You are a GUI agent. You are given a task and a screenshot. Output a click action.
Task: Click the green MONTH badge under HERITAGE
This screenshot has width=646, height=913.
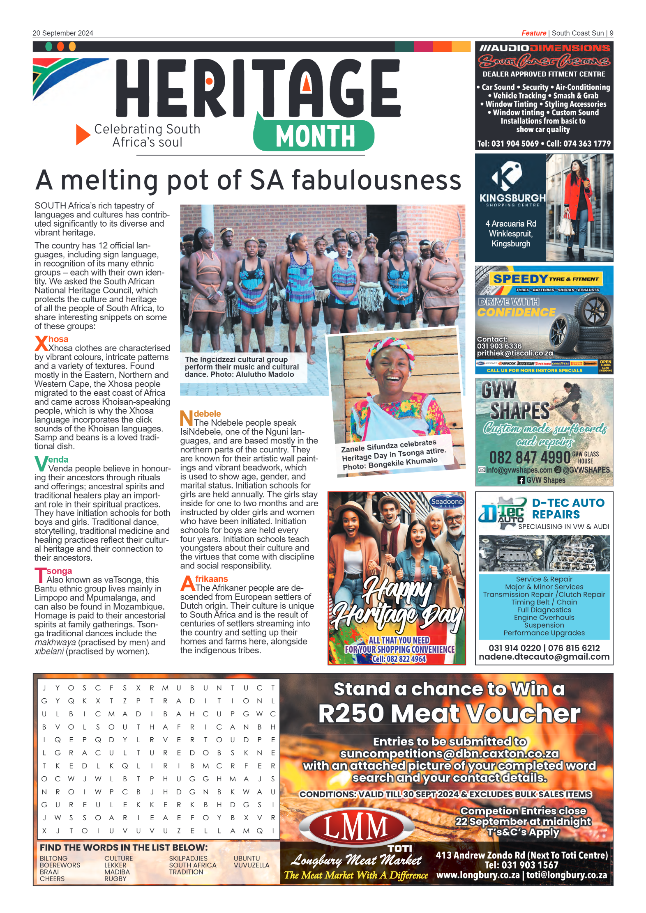314,136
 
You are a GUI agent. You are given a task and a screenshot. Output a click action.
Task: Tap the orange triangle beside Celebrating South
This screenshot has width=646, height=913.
82,135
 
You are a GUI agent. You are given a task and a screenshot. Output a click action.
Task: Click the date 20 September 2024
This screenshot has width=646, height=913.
63,33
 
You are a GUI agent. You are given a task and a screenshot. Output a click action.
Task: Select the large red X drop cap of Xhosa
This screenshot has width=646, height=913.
41,343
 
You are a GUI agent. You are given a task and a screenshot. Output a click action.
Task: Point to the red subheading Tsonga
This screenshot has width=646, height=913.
59,571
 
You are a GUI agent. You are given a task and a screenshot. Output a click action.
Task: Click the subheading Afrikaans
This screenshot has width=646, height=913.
211,579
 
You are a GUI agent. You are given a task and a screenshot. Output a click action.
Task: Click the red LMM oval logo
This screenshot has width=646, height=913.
356,826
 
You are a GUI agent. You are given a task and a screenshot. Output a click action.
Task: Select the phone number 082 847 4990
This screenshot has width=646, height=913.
529,457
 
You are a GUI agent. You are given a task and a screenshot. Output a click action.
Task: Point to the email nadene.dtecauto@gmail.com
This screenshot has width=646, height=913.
544,657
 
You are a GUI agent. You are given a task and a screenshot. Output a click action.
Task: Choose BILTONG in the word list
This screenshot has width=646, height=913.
53,858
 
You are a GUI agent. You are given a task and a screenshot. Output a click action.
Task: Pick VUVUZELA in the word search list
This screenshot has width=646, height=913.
251,865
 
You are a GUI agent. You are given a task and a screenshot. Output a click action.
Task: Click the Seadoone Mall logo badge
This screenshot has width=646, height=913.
447,502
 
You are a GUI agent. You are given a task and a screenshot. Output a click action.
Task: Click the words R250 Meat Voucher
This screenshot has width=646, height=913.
449,713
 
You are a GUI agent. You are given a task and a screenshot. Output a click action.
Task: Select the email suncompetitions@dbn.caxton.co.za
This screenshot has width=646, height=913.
449,754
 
